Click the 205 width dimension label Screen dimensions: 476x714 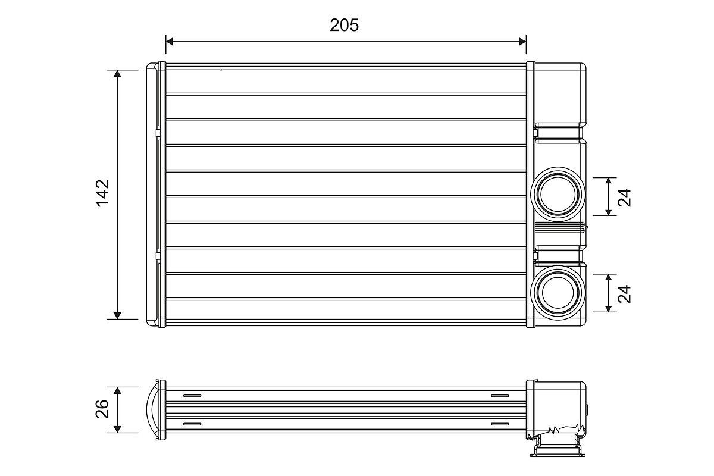pyautogui.click(x=345, y=25)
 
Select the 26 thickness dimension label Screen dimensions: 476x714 pyautogui.click(x=103, y=409)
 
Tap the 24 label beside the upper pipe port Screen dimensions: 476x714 pyautogui.click(x=624, y=196)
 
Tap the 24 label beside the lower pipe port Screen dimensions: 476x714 pyautogui.click(x=624, y=293)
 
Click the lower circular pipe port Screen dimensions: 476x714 pyautogui.click(x=558, y=292)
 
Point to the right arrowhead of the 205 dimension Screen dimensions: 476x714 pyautogui.click(x=522, y=41)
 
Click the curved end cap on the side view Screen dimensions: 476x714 pyautogui.click(x=152, y=409)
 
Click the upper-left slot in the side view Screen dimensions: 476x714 pyautogui.click(x=193, y=396)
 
